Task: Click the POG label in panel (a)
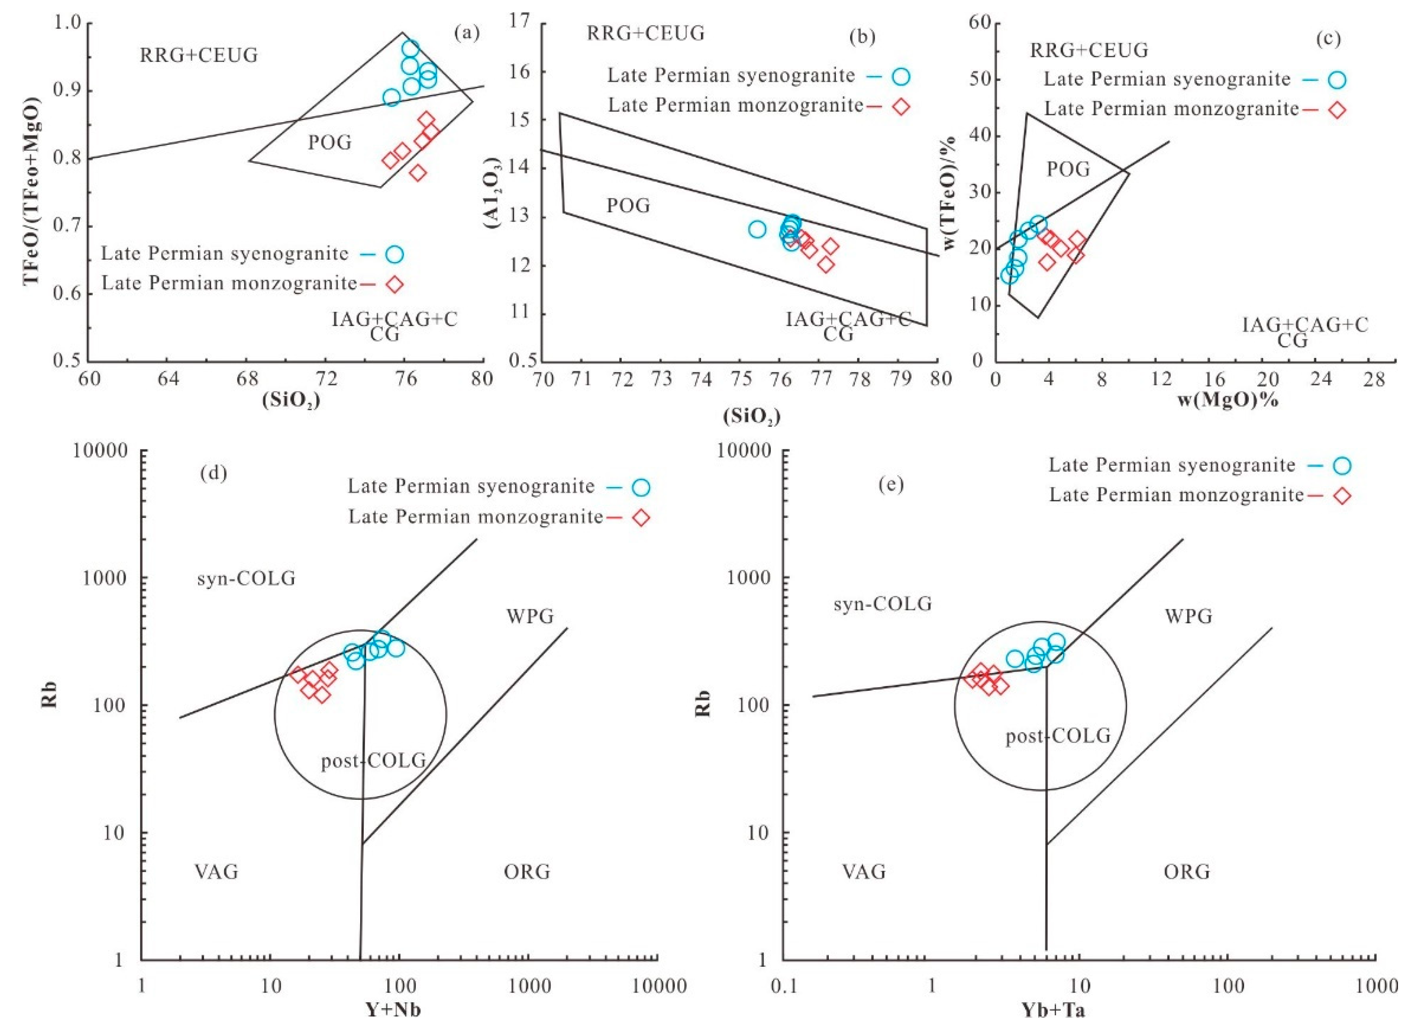tap(330, 143)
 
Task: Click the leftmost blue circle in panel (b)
tap(757, 229)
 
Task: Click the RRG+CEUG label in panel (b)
tap(645, 33)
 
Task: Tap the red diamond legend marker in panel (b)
tap(900, 106)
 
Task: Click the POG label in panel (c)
tap(1068, 169)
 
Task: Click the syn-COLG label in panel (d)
tap(246, 579)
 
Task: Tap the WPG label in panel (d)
tap(530, 617)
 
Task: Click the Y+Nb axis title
tap(392, 1009)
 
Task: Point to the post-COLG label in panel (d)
tap(374, 761)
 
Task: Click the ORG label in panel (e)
tap(1186, 872)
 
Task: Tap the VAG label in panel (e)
tap(864, 872)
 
